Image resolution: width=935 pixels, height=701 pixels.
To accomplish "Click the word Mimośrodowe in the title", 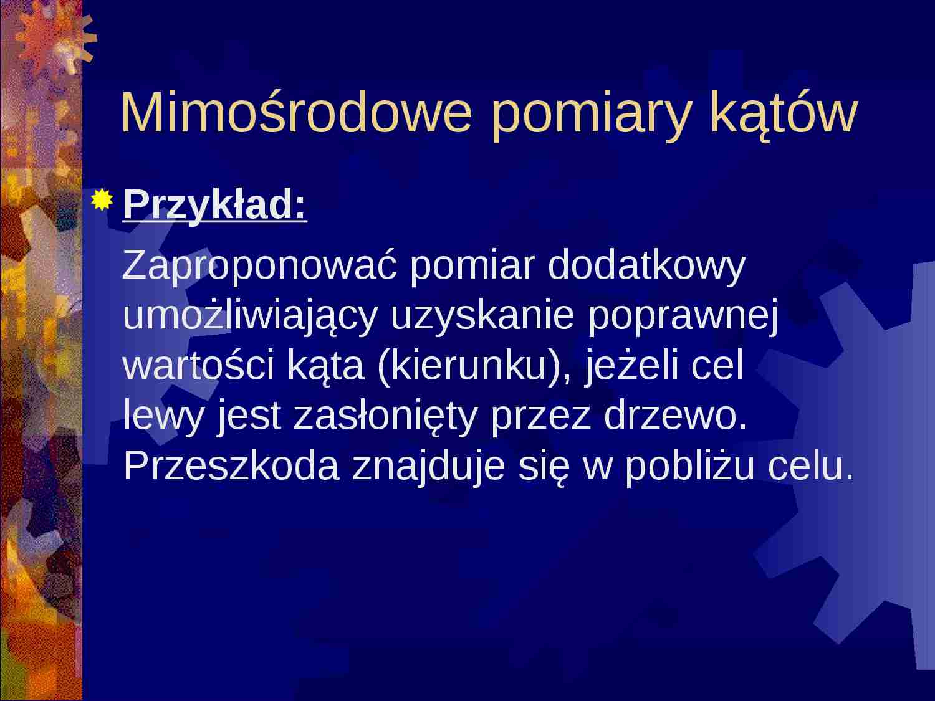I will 296,113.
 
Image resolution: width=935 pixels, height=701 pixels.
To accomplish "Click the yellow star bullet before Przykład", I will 101,201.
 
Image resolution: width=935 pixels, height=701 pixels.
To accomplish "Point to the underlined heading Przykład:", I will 215,204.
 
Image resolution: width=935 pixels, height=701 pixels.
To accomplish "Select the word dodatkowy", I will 646,265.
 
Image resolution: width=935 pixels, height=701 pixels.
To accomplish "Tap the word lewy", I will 163,417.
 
